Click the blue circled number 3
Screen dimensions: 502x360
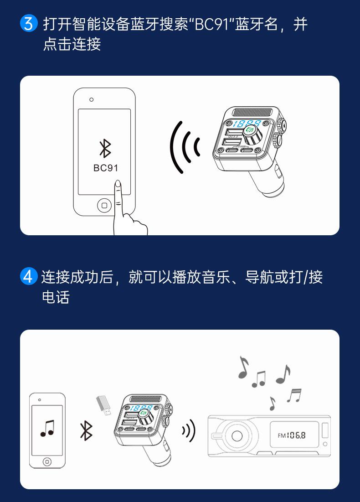coord(28,24)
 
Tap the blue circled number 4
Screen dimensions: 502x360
coord(28,277)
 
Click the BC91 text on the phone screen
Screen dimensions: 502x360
coord(105,168)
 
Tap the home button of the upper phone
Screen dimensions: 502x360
coord(104,206)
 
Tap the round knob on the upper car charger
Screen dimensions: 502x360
coord(250,131)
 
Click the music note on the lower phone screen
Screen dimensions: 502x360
coord(47,428)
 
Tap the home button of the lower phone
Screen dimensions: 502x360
coord(47,462)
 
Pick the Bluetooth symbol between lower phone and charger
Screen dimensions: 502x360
coord(86,430)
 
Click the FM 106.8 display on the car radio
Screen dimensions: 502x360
coord(292,435)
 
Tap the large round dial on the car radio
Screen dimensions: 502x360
coord(237,435)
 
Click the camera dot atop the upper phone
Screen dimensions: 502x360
coord(92,99)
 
